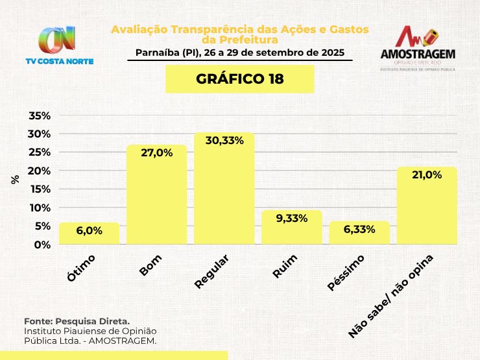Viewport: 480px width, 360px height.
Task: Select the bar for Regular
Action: coord(224,195)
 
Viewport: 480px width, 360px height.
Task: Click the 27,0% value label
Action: coord(156,153)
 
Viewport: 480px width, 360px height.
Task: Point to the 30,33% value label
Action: coord(224,141)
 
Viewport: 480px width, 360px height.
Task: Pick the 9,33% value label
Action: coord(291,219)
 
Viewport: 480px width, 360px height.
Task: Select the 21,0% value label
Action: coord(427,174)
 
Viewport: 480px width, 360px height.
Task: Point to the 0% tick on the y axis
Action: coord(42,245)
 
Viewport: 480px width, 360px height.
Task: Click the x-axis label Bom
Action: coord(150,266)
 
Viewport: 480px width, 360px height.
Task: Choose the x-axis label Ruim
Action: coord(285,267)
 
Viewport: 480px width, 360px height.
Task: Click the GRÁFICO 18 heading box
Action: coord(240,79)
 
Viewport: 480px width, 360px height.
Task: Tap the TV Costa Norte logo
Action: coord(59,45)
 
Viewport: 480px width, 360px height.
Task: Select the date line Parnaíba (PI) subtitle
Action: coord(239,52)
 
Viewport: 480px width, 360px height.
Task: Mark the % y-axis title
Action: coord(15,180)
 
